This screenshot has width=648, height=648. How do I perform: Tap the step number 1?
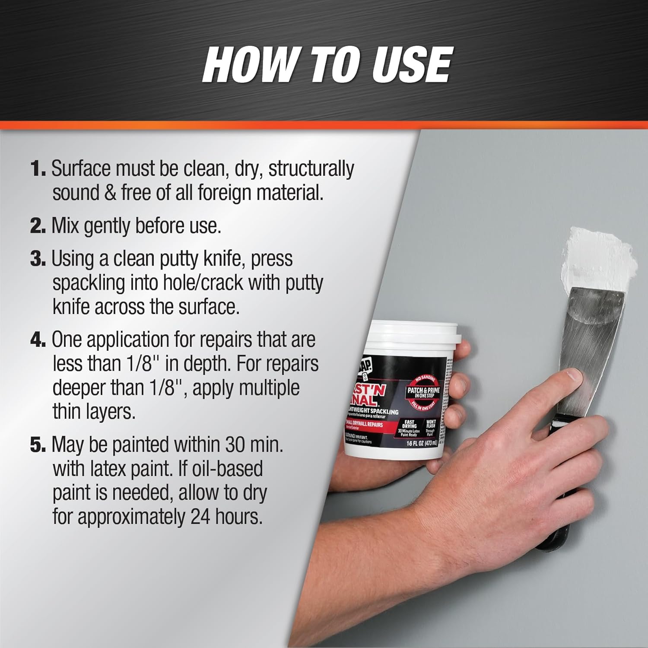38,168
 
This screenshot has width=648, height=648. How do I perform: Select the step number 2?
38,226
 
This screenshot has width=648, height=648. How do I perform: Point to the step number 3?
38,259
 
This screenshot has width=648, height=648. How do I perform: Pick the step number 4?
38,340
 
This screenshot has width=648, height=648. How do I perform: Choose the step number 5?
38,445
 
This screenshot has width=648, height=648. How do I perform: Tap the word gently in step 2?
107,226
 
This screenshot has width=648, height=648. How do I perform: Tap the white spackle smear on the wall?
600,255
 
